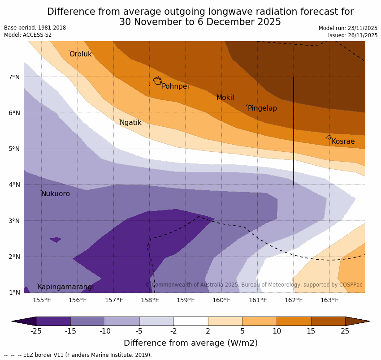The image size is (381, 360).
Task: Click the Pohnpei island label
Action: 175,86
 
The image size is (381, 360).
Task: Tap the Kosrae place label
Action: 343,141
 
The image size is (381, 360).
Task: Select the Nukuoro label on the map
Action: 56,194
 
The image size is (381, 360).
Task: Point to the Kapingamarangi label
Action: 66,287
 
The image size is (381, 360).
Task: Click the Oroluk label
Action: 80,54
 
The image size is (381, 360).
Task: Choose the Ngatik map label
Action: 130,123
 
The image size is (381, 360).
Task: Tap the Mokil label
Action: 225,98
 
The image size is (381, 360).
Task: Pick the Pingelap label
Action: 262,108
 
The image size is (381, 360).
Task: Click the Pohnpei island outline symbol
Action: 157,81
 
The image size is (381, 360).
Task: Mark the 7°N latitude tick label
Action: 14,77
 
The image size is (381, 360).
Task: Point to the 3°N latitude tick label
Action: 14,221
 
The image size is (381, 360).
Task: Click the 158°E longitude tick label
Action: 150,300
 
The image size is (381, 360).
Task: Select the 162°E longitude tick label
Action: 294,300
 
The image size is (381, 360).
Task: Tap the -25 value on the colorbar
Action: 36,331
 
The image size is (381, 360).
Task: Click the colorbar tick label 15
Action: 311,331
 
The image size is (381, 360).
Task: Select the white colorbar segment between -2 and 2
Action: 190,321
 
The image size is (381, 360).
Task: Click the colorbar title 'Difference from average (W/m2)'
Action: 190,343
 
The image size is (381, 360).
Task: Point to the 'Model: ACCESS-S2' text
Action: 28,35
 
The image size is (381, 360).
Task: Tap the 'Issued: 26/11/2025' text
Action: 352,35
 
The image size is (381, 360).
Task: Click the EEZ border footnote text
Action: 78,355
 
